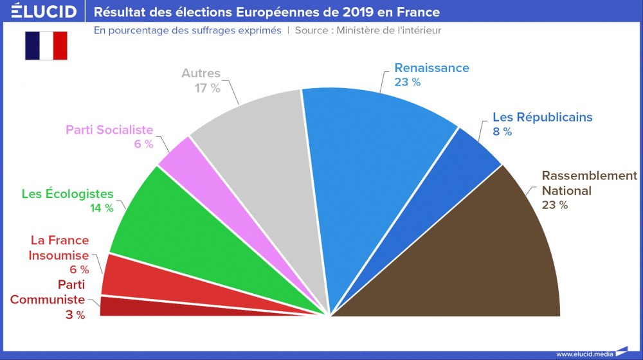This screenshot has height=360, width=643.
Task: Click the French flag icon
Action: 46,46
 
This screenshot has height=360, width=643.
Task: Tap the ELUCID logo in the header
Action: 44,12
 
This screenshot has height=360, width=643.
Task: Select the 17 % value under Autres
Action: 208,88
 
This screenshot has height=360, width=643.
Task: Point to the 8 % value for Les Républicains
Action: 502,132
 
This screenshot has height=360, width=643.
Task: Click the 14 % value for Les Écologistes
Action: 102,208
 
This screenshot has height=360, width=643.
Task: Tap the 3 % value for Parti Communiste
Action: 75,314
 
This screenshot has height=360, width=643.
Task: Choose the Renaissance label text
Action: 431,67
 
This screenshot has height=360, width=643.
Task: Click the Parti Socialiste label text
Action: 109,130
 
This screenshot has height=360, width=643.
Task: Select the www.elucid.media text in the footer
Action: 584,354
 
